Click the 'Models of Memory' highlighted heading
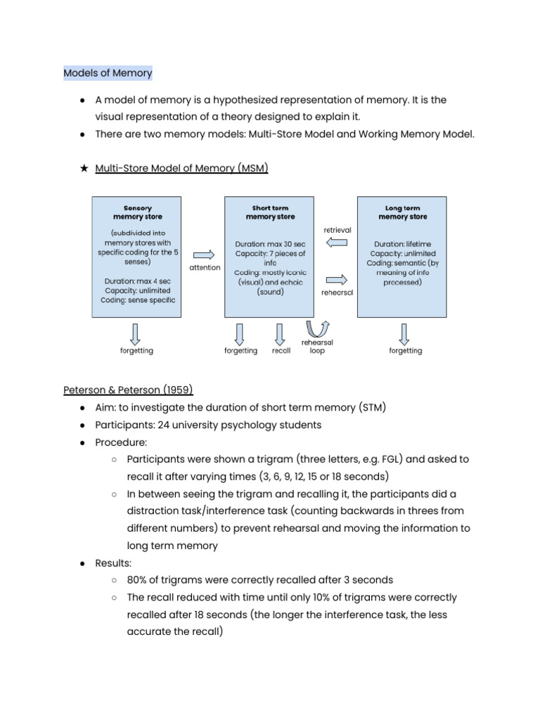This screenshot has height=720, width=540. [108, 73]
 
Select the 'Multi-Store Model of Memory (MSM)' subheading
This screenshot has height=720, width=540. [181, 168]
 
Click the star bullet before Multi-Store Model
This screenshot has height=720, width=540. [84, 168]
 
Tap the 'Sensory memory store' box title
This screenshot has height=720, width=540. [137, 212]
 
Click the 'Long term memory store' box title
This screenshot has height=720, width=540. [403, 212]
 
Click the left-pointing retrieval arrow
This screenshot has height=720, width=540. [337, 243]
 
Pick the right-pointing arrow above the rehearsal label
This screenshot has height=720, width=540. [337, 278]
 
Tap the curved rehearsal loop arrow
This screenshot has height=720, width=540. [317, 328]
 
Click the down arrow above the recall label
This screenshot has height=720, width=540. [280, 333]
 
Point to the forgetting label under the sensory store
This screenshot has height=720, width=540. [136, 350]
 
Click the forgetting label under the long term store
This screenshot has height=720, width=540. [406, 350]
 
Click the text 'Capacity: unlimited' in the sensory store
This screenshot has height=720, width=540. [137, 290]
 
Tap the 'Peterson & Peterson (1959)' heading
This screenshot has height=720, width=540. [128, 390]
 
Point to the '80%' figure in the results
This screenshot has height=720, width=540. [139, 580]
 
